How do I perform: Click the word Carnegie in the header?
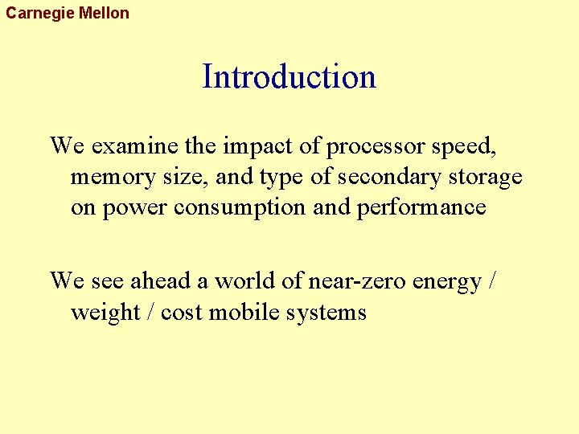[40, 13]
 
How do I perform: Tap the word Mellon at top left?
[104, 13]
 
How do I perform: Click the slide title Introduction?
[289, 77]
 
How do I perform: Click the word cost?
[182, 313]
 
